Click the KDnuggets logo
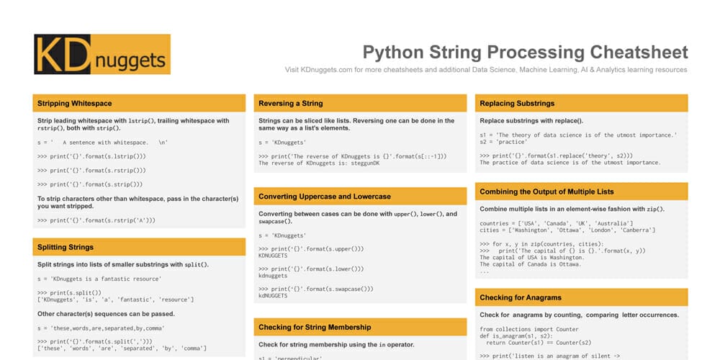(x=102, y=54)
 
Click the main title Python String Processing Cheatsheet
(x=525, y=53)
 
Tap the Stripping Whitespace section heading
(x=75, y=103)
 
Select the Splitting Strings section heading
(x=66, y=247)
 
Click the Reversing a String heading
(x=291, y=103)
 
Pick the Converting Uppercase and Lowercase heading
(x=325, y=197)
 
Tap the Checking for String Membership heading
(x=315, y=327)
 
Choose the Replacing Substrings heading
(x=517, y=103)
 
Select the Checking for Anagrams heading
(x=521, y=297)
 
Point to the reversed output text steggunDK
(x=362, y=163)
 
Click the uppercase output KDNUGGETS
(x=273, y=256)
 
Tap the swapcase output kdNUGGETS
(x=273, y=295)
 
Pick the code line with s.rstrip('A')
(x=96, y=220)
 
